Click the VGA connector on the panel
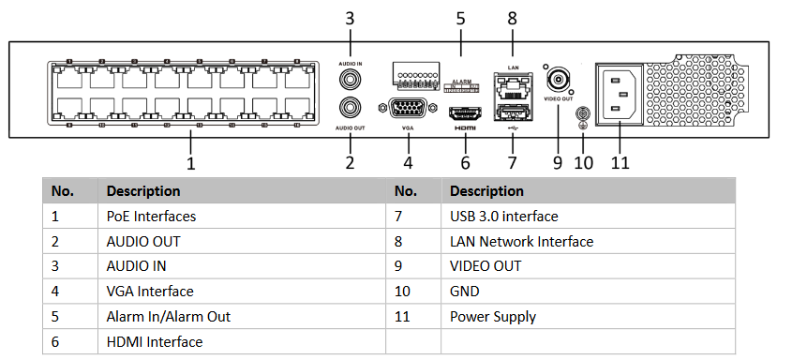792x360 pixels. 407,109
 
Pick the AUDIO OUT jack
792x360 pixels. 351,108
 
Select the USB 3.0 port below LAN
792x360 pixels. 512,113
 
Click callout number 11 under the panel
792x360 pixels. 620,162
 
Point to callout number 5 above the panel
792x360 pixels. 460,18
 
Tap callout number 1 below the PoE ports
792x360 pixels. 191,163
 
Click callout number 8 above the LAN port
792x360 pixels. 512,18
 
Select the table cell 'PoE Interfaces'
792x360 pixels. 151,216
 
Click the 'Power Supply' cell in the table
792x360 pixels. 493,317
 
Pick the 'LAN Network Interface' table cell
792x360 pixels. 521,241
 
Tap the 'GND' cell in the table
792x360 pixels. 465,292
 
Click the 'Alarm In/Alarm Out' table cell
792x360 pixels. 168,317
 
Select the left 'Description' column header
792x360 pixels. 143,190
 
